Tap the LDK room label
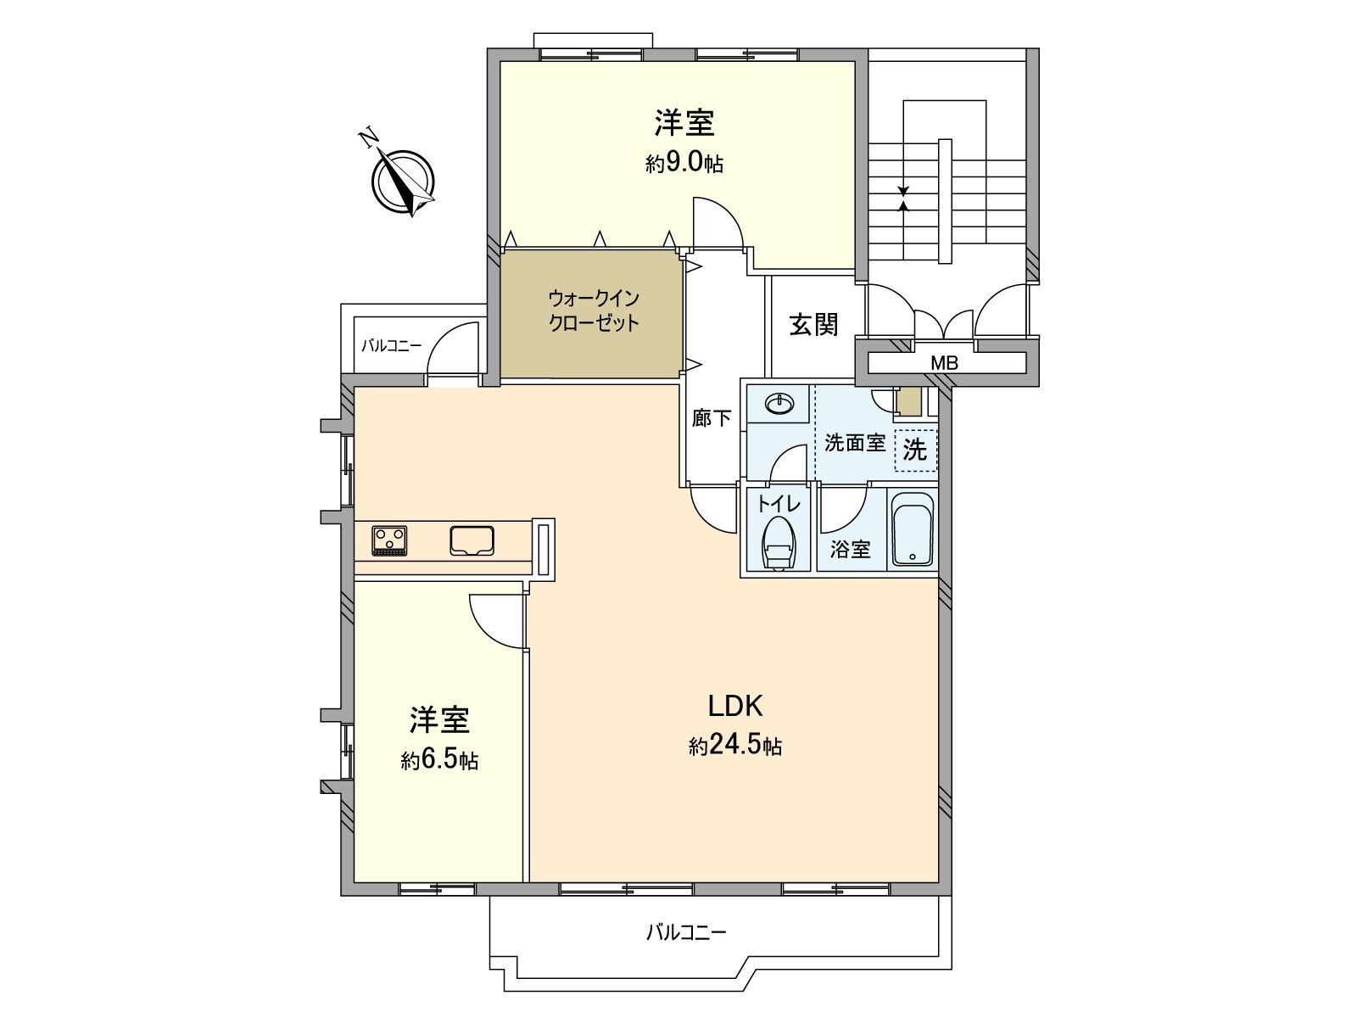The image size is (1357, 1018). click(736, 706)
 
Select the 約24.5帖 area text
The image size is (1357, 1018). click(735, 747)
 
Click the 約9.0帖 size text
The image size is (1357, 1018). click(684, 163)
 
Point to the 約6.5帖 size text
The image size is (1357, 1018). click(439, 760)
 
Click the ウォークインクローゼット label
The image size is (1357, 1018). click(593, 310)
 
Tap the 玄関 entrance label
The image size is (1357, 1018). click(814, 324)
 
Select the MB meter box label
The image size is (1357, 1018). click(944, 363)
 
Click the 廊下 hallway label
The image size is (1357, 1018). click(712, 417)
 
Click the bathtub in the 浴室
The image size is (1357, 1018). click(913, 531)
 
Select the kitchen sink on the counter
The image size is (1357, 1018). click(472, 541)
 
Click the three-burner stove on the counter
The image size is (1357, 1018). click(389, 541)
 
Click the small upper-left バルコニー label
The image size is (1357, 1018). click(391, 346)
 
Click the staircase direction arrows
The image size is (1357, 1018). click(903, 198)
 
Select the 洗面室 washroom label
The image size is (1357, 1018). click(854, 443)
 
